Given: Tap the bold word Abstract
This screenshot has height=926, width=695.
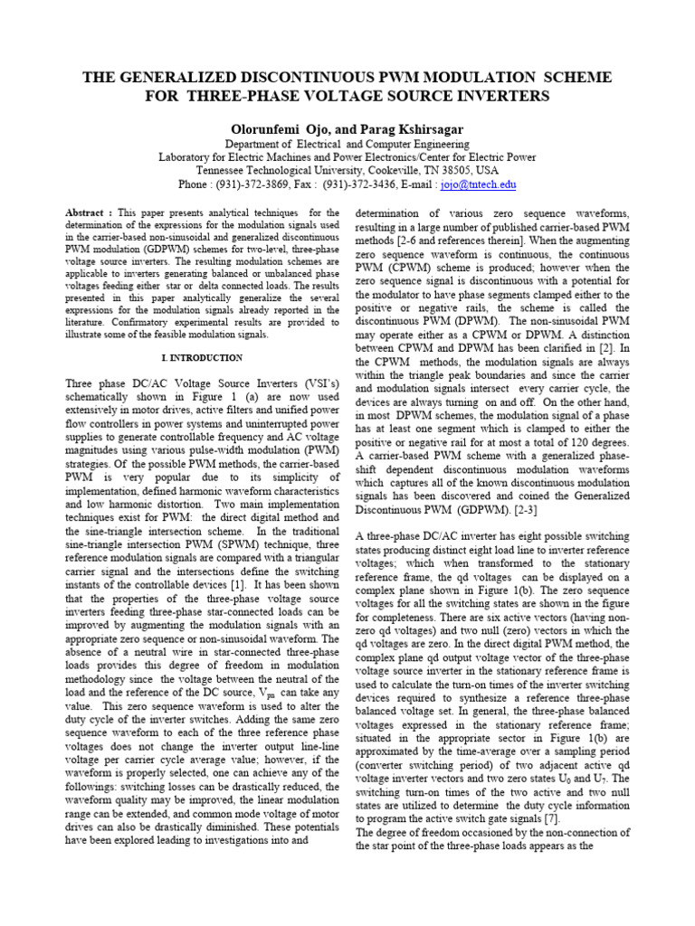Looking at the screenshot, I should [85, 213].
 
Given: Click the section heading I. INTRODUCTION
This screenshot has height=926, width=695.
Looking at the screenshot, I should [201, 358].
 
